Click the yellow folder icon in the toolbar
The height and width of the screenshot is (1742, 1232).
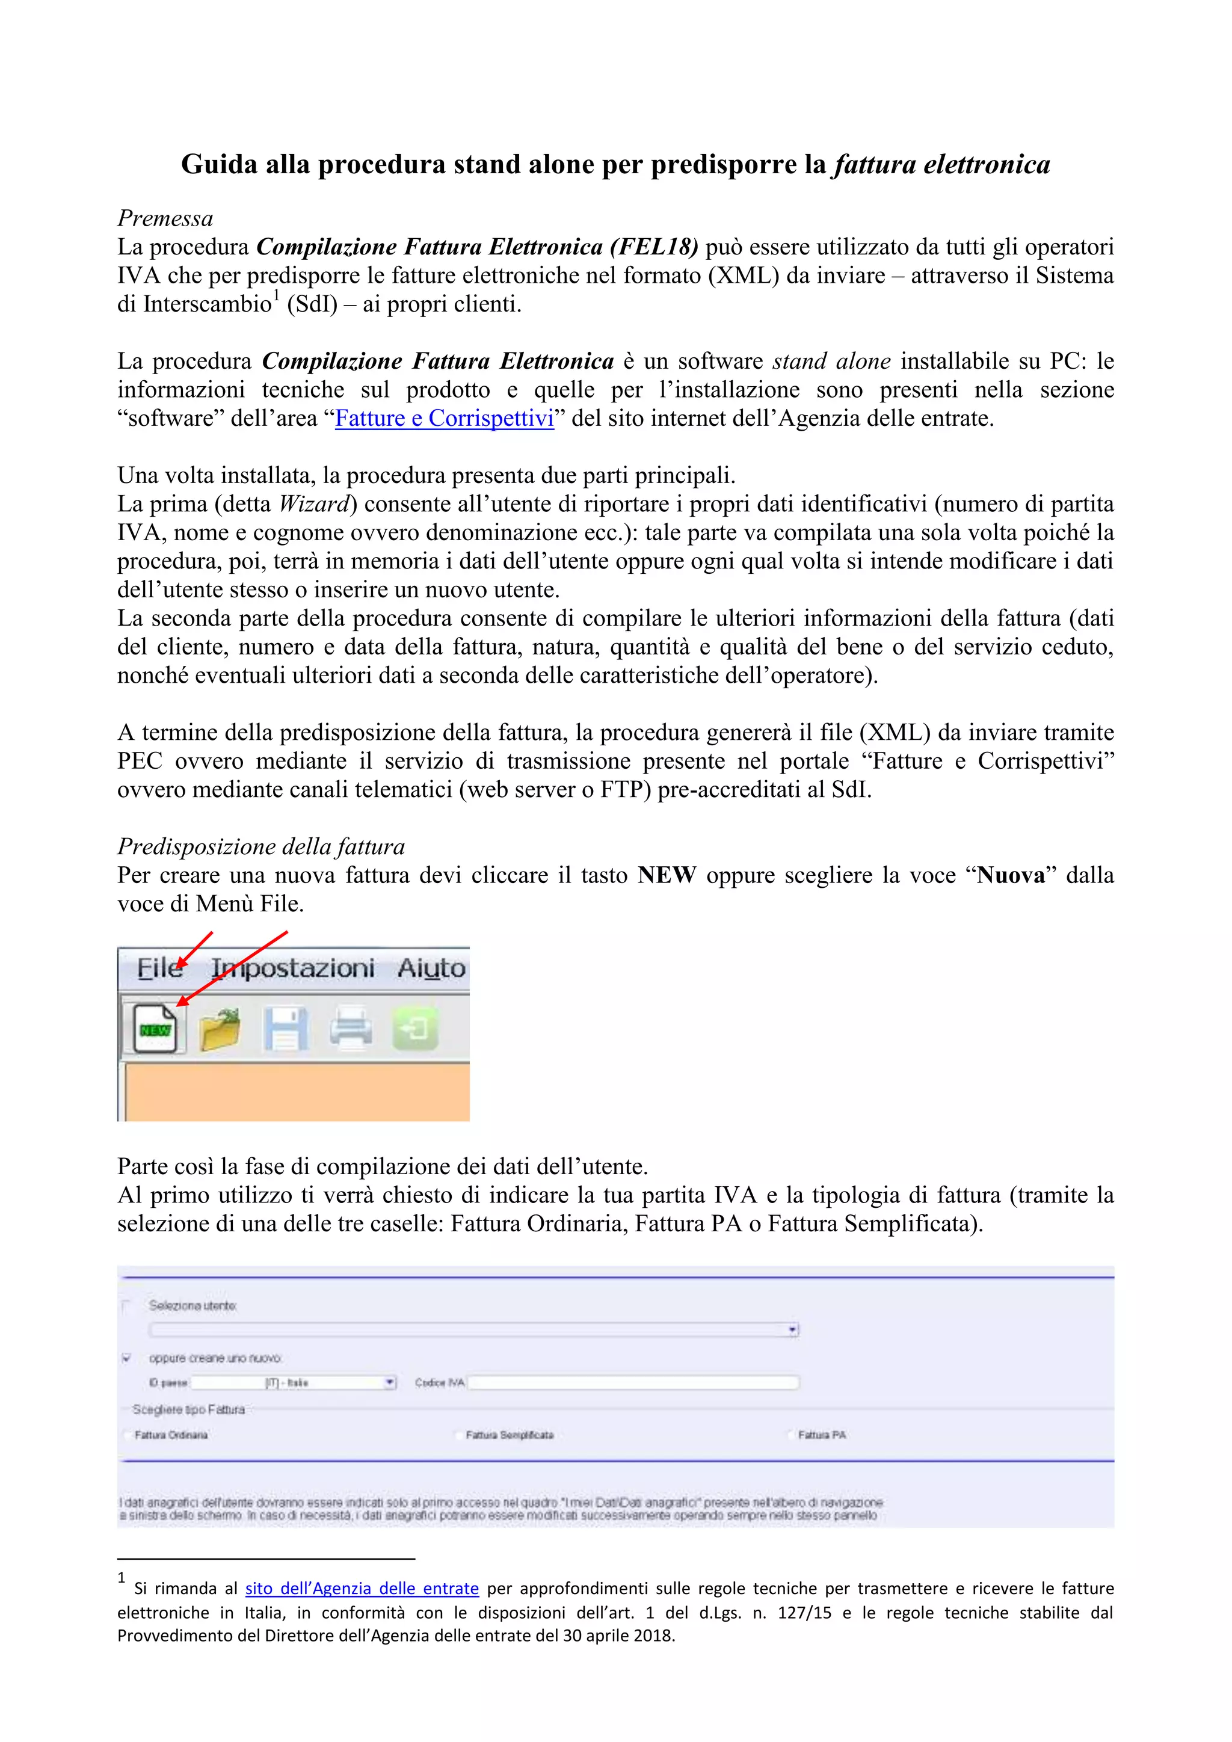(x=219, y=1030)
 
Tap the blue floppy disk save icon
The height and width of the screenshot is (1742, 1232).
(x=285, y=1030)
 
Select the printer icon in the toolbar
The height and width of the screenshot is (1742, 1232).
(x=351, y=1030)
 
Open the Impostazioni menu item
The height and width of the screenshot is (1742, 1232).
(x=293, y=968)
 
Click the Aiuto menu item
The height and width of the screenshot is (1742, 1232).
(x=431, y=968)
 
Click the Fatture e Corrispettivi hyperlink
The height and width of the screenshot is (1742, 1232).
(x=444, y=418)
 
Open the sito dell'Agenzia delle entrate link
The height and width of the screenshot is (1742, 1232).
(x=362, y=1588)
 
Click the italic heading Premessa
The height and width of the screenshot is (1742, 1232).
(x=165, y=218)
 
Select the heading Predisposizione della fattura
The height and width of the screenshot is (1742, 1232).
(x=261, y=847)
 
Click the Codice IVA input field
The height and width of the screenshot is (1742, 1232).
(x=633, y=1382)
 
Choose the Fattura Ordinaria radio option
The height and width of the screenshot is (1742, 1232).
(x=127, y=1435)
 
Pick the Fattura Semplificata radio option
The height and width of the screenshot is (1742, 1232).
(x=458, y=1435)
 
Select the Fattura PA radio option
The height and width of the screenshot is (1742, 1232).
(x=790, y=1435)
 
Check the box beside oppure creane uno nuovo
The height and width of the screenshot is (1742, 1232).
(x=127, y=1358)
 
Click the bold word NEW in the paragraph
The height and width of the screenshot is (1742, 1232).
(x=666, y=876)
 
